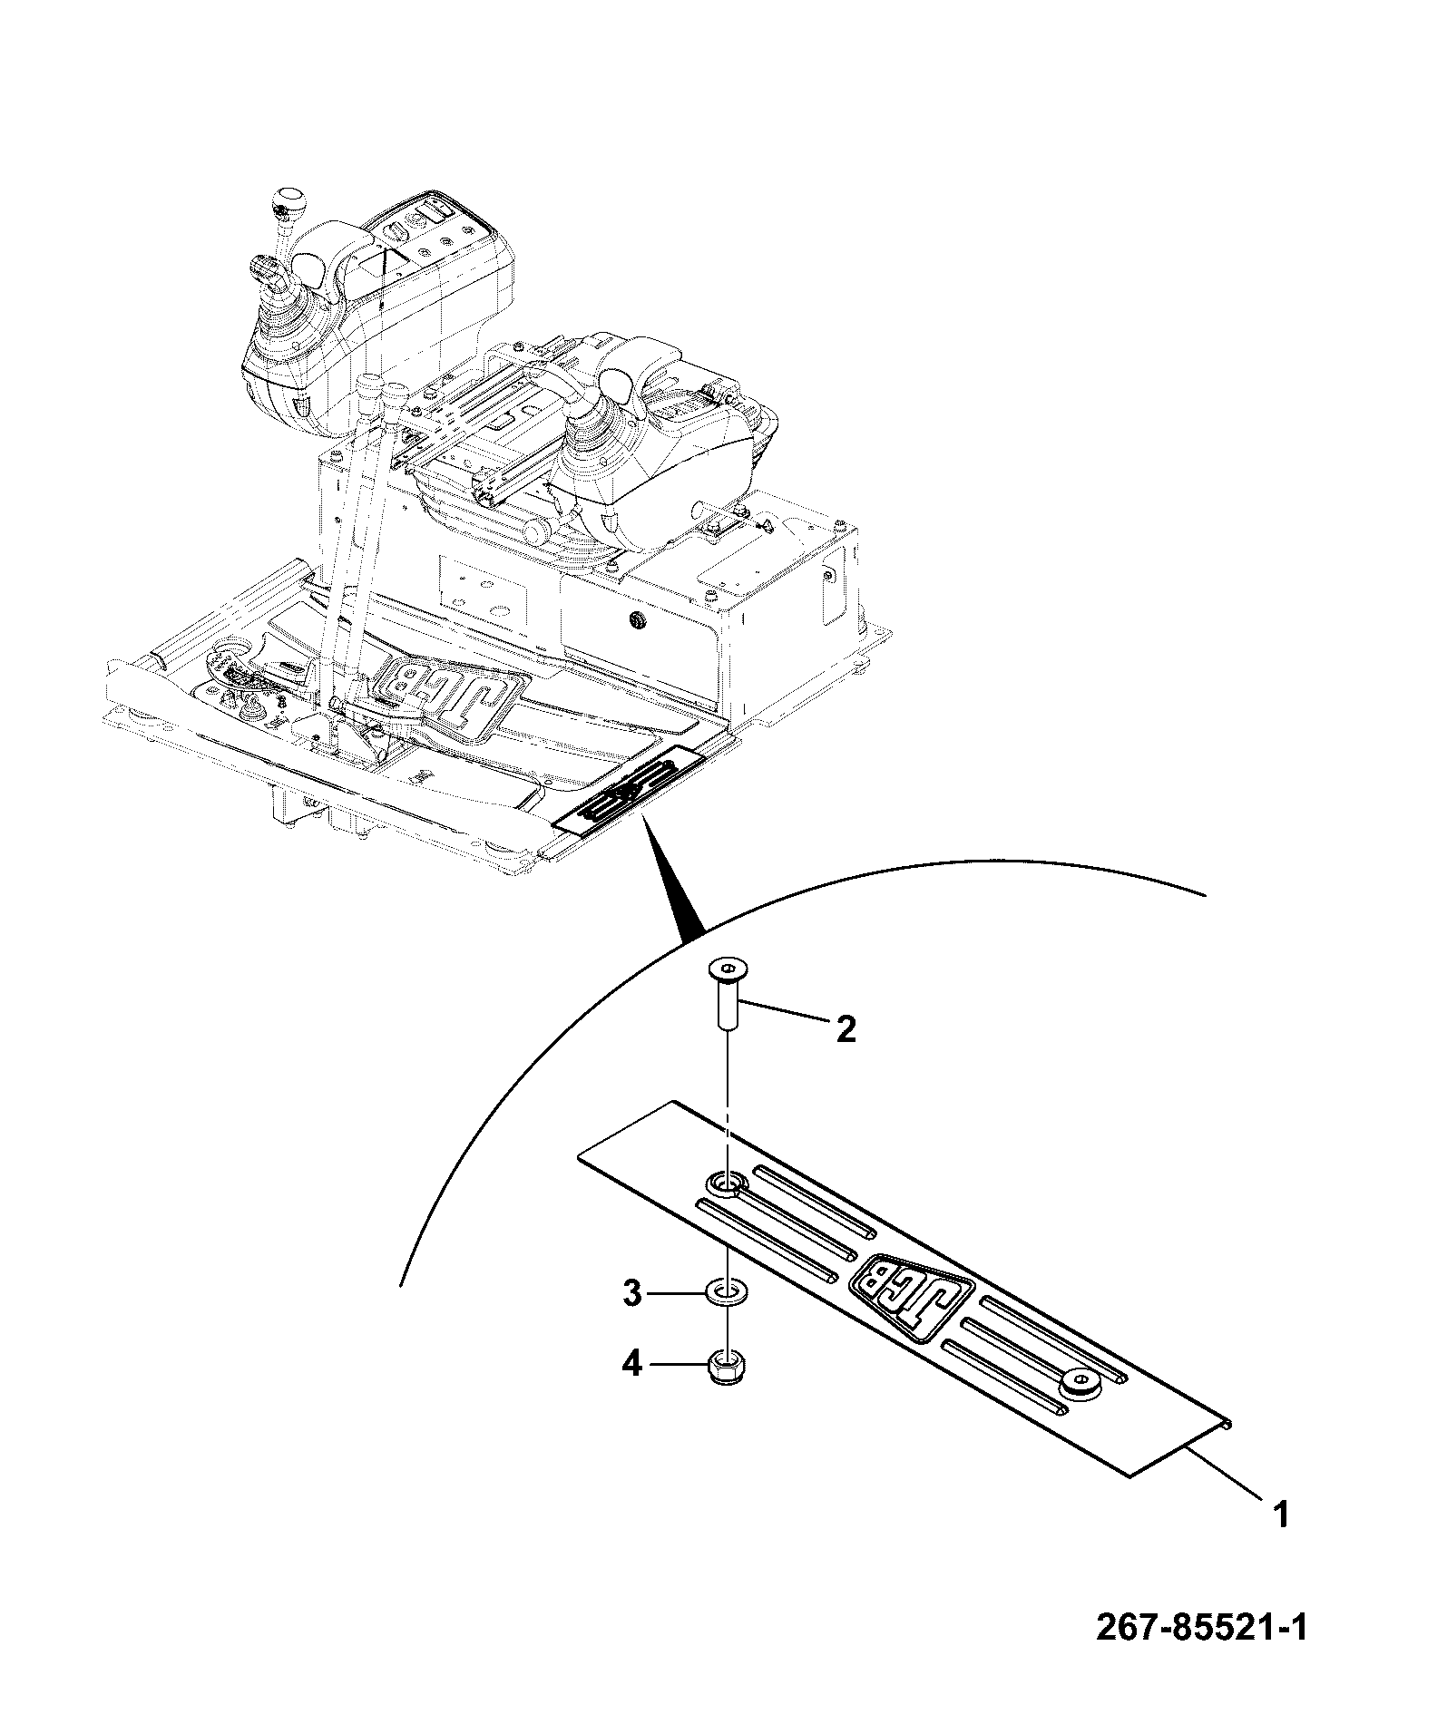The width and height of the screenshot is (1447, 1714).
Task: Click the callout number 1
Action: tap(1281, 1514)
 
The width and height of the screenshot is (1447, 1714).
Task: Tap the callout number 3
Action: tap(632, 1293)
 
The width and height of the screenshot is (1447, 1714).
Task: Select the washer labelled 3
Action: tap(726, 1291)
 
